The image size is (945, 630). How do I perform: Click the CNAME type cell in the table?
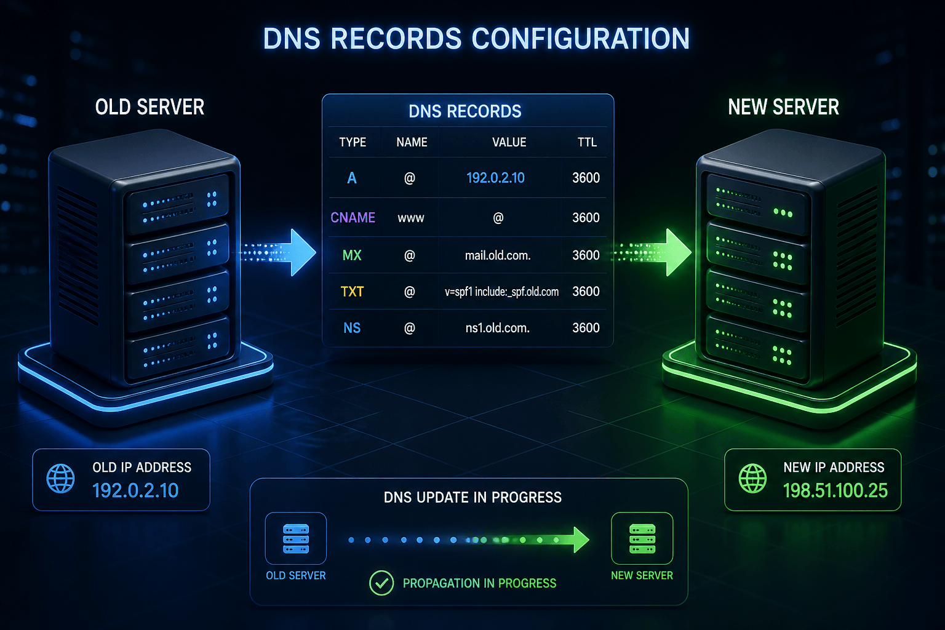[x=353, y=217]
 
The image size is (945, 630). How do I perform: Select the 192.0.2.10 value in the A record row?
[x=495, y=178]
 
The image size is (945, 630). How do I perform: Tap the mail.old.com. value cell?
[x=498, y=255]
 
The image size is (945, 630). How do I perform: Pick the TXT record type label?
[x=352, y=292]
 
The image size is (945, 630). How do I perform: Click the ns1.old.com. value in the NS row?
[x=497, y=328]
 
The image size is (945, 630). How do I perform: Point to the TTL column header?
[x=587, y=142]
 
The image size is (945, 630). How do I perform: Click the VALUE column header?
[x=509, y=142]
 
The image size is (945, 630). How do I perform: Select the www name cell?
[x=411, y=218]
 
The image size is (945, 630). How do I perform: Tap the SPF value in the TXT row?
[x=501, y=292]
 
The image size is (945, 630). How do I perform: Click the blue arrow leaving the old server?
[x=279, y=253]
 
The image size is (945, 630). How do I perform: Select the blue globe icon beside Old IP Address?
[x=60, y=479]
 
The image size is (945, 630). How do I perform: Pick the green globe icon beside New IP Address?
[x=752, y=479]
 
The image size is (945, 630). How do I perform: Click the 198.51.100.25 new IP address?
[x=835, y=490]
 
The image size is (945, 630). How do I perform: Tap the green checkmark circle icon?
[x=381, y=583]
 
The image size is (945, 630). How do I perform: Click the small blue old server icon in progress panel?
[x=296, y=538]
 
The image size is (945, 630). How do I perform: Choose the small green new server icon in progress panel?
[x=642, y=538]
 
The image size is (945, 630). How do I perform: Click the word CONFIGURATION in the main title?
[x=581, y=39]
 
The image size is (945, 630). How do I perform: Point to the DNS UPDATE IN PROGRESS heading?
[x=472, y=498]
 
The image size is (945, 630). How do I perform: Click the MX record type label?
[x=352, y=255]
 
